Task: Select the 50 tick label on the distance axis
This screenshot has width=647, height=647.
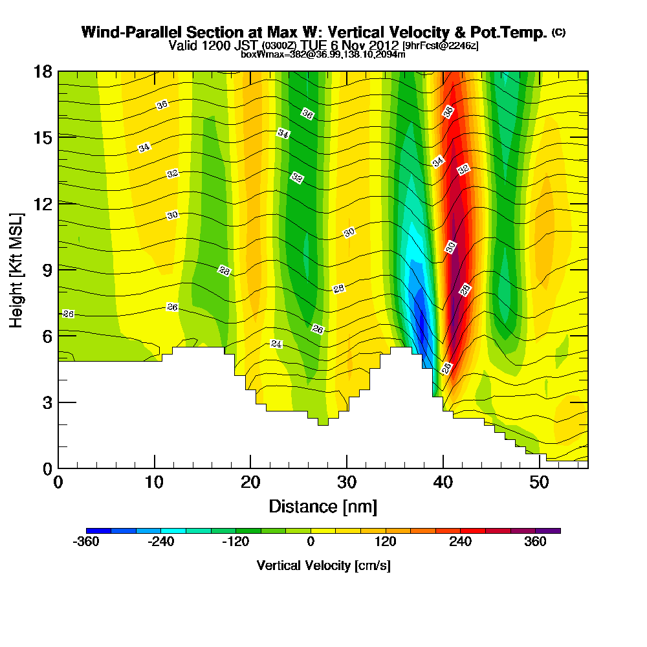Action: (539, 482)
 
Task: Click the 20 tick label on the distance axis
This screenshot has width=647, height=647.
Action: (250, 482)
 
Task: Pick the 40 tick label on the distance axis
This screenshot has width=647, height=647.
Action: (443, 482)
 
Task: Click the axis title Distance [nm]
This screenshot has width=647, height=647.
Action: (323, 505)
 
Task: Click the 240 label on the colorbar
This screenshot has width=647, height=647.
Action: (461, 542)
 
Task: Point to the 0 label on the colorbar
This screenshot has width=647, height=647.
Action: (311, 542)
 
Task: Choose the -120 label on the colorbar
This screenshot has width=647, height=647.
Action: (235, 542)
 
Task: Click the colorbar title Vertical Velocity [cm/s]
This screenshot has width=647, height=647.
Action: (323, 565)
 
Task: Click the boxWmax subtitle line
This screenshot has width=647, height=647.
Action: (323, 54)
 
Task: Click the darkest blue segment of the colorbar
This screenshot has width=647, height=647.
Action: (98, 531)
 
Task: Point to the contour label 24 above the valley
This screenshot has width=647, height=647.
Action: (277, 344)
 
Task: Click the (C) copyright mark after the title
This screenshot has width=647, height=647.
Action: (559, 32)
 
